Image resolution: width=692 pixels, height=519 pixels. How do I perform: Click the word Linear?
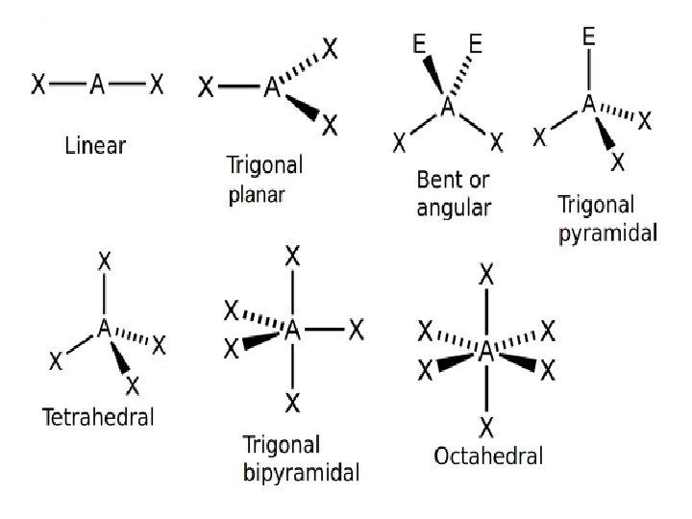tap(95, 146)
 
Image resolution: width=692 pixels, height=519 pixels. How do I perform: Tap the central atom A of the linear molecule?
tap(97, 86)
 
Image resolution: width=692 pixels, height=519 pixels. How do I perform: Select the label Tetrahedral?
tap(98, 417)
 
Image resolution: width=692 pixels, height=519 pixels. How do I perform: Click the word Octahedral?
tap(488, 456)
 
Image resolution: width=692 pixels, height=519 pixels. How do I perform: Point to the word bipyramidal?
tap(301, 472)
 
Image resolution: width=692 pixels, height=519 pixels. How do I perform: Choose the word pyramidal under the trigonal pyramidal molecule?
tap(607, 233)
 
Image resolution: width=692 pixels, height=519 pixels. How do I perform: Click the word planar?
tap(259, 196)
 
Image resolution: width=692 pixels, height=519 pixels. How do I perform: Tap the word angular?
tap(454, 208)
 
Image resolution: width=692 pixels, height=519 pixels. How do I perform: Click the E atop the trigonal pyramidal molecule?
tap(588, 37)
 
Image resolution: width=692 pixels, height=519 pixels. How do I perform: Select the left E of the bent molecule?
tap(420, 43)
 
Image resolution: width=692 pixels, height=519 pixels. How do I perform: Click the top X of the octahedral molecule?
tap(487, 276)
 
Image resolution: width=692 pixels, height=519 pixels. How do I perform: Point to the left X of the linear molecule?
tap(38, 86)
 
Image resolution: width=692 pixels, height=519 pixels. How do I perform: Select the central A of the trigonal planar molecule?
tap(272, 87)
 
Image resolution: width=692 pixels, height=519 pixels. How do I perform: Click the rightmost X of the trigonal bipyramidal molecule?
tap(356, 332)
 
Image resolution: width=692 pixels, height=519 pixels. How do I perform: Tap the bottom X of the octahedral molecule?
tap(487, 426)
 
